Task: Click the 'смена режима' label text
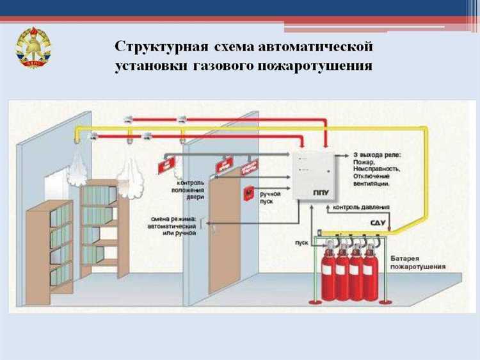(x=173, y=225)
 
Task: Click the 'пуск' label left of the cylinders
(x=301, y=243)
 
